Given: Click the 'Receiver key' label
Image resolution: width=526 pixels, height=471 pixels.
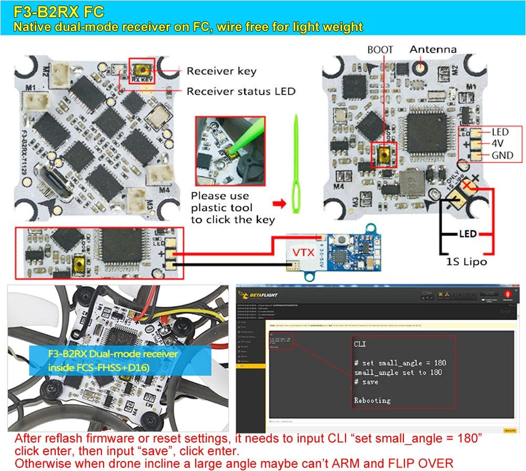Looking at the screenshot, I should [221, 71].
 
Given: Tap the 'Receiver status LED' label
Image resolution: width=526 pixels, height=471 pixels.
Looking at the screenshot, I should [241, 91].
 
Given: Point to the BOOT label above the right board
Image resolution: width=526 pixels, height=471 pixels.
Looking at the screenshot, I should [380, 50].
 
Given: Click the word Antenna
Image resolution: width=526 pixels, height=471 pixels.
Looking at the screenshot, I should [433, 49].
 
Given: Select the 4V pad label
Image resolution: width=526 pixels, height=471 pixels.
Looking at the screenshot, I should [499, 144].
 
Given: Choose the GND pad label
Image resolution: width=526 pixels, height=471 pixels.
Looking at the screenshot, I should [502, 156].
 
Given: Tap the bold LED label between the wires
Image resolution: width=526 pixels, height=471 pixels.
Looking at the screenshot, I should [467, 233].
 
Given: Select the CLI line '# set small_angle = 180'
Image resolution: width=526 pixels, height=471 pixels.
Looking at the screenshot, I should [399, 363].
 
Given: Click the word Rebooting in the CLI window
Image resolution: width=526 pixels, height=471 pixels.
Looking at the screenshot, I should [372, 400].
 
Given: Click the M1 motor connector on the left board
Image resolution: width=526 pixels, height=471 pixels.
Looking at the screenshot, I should [38, 100].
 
